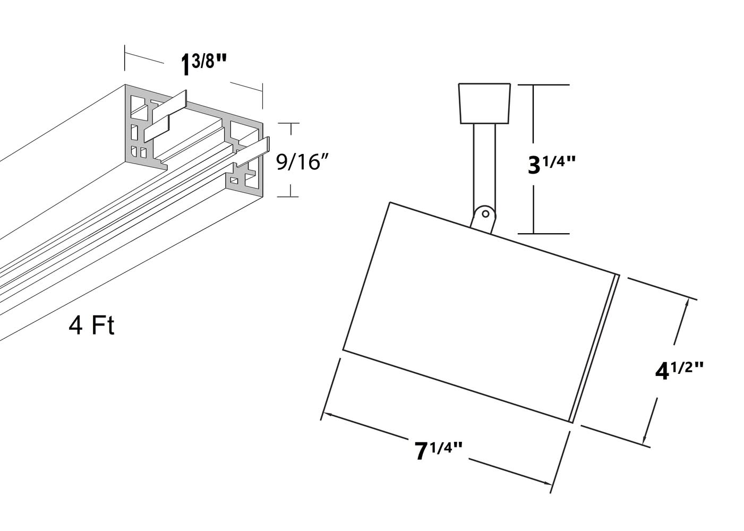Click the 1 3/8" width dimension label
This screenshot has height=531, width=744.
click(204, 64)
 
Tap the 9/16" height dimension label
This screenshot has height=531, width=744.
click(302, 162)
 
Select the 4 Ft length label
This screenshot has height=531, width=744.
click(91, 326)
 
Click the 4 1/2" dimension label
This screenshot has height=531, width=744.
click(679, 371)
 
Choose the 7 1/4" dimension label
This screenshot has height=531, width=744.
click(439, 451)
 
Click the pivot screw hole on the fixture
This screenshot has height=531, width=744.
click(485, 213)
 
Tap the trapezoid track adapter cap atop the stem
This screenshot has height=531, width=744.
click(484, 103)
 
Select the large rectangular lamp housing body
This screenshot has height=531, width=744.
click(478, 312)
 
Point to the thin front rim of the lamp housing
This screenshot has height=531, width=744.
click(595, 349)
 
